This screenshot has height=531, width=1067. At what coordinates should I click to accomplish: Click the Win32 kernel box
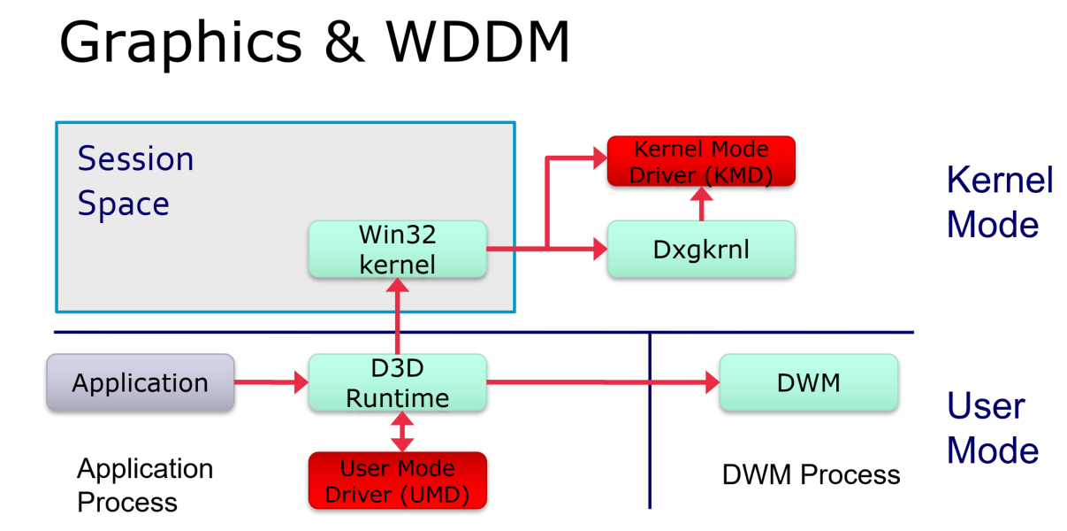tap(398, 250)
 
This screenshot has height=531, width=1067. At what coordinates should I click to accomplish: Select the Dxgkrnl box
tap(701, 250)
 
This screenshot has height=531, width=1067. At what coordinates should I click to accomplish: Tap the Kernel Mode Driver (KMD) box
tap(701, 161)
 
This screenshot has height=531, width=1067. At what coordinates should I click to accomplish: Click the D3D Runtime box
tap(398, 382)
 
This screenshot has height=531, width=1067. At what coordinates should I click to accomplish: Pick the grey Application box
tap(141, 382)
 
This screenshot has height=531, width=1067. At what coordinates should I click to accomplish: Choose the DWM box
tap(809, 382)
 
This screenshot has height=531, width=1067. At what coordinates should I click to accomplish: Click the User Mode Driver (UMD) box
tap(398, 481)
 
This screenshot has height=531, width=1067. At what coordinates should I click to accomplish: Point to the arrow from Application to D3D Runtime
tap(271, 382)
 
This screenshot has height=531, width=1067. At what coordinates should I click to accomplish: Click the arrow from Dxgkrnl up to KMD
tap(701, 204)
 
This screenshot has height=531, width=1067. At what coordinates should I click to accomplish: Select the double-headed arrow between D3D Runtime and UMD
tap(402, 432)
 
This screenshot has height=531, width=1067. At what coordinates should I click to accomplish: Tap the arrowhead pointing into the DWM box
tap(713, 382)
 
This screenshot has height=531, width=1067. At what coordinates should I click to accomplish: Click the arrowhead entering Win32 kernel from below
tap(398, 285)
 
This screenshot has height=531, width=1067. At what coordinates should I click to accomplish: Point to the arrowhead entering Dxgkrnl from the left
tap(600, 249)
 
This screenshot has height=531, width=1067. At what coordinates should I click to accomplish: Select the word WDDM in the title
tap(477, 42)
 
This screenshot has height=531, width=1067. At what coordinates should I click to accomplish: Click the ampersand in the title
tap(344, 42)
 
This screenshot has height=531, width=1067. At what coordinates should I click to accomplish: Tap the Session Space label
tap(136, 181)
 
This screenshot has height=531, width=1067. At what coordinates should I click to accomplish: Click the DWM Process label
tap(811, 474)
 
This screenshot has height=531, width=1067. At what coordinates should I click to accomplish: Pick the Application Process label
tap(145, 485)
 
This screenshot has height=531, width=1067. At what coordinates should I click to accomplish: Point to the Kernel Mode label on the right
tap(999, 202)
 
